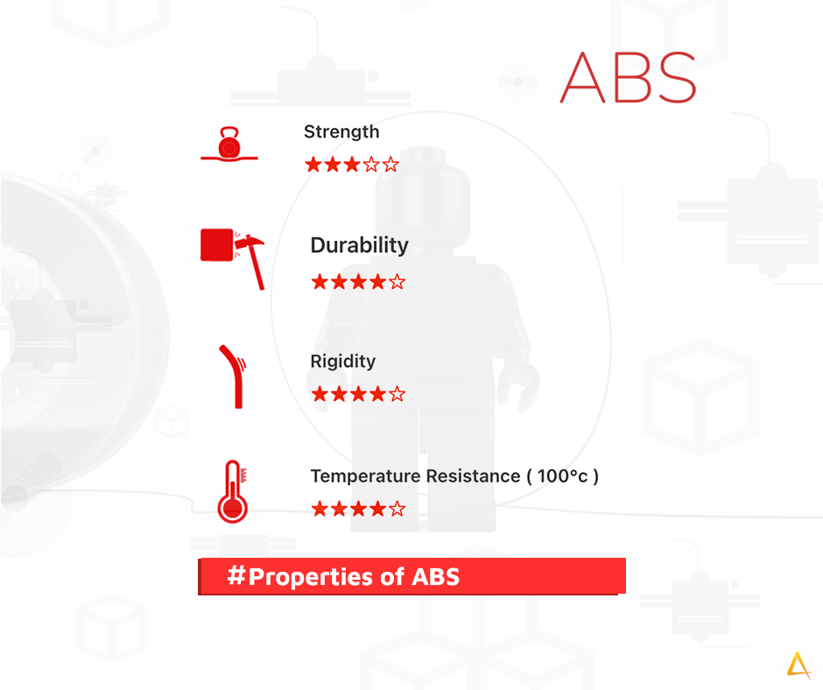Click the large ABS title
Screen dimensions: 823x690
[629, 77]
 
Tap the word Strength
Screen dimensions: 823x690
[341, 132]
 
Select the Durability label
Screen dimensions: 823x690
[360, 246]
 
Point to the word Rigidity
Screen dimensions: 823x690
[343, 362]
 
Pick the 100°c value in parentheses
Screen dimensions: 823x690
[562, 475]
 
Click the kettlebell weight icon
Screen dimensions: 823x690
[229, 144]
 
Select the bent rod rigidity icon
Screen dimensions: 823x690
[233, 377]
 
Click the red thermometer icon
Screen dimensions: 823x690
[233, 491]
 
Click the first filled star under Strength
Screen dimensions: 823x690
[313, 165]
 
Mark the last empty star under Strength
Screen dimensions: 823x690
[390, 165]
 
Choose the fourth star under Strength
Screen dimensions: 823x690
[371, 165]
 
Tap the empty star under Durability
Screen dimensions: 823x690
[397, 282]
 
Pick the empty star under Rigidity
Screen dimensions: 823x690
[397, 393]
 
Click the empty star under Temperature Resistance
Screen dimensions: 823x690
[397, 509]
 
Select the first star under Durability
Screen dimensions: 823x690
[320, 282]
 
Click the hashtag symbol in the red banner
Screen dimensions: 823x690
[236, 575]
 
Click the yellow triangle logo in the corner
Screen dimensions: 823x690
[798, 665]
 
